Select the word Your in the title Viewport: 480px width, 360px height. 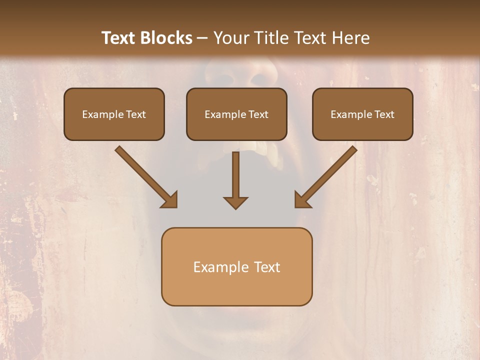coord(229,38)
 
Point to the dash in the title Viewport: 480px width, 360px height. coord(202,38)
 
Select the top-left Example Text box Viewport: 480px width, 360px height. coord(114,114)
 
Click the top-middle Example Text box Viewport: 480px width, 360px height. coord(236,114)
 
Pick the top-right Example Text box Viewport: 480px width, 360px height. coord(362,114)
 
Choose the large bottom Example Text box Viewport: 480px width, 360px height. coord(236,266)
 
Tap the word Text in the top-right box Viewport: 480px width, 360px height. coord(384,114)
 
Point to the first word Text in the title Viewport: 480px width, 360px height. coord(119,38)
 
